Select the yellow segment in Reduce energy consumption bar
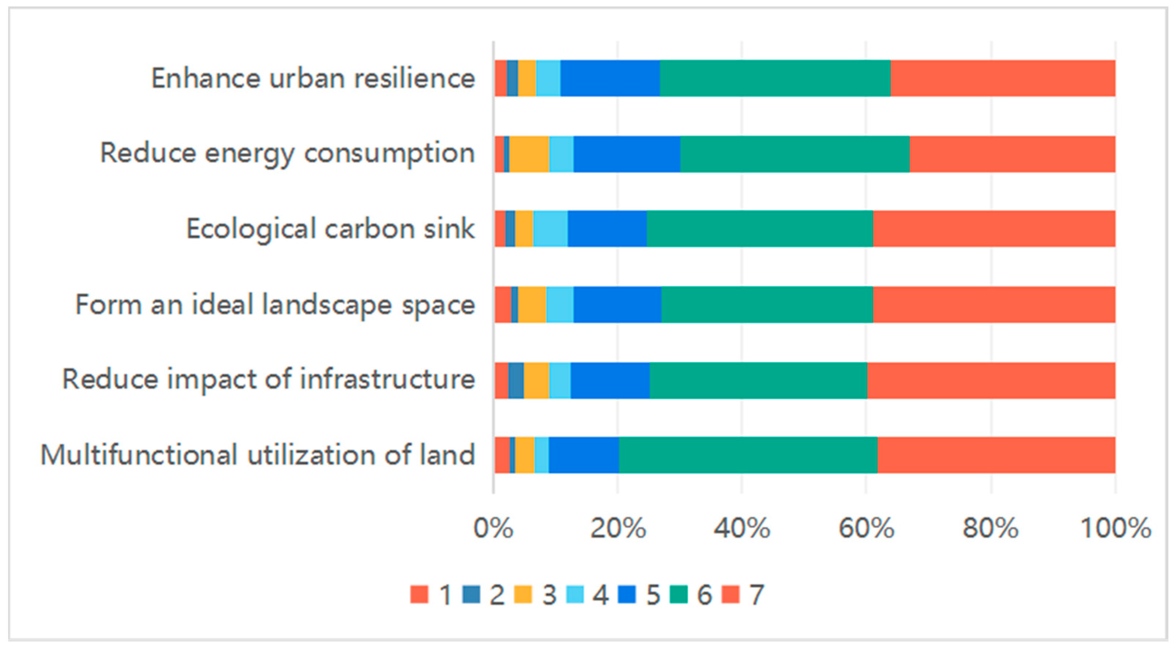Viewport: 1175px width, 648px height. tap(529, 154)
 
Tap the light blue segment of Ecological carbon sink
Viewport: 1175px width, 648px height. tap(550, 229)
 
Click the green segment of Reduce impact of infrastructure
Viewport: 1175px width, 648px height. tap(758, 380)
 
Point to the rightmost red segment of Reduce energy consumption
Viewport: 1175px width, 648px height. tap(1012, 154)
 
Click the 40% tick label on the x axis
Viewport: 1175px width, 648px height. tap(742, 529)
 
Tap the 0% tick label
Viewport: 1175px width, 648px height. tap(493, 529)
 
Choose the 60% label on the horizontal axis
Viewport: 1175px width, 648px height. tap(866, 529)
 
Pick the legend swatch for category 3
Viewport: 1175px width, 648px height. tap(523, 595)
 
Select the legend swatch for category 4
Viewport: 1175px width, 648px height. tap(575, 595)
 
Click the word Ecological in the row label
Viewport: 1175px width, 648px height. tap(250, 229)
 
